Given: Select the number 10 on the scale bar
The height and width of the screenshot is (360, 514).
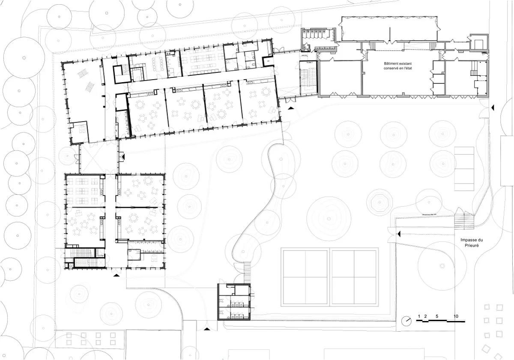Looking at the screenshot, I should point(456,316).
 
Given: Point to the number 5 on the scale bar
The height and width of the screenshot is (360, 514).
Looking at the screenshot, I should point(436,316).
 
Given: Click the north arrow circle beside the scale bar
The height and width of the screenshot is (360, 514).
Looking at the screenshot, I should point(407,321).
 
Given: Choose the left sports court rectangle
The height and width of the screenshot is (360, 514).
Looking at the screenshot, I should point(305,277).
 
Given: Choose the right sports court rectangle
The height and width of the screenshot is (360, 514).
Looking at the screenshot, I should point(355,277).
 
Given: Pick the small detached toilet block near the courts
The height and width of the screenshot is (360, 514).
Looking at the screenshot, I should point(234,302).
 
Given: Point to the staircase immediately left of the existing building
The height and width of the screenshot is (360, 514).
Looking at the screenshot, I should point(308,78).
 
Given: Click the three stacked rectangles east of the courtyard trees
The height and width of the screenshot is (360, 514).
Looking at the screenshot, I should point(464,169).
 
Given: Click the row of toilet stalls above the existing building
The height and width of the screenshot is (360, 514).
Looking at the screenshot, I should point(319,34).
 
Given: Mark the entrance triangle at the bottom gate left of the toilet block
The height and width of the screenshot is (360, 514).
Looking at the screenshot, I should point(207,329).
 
